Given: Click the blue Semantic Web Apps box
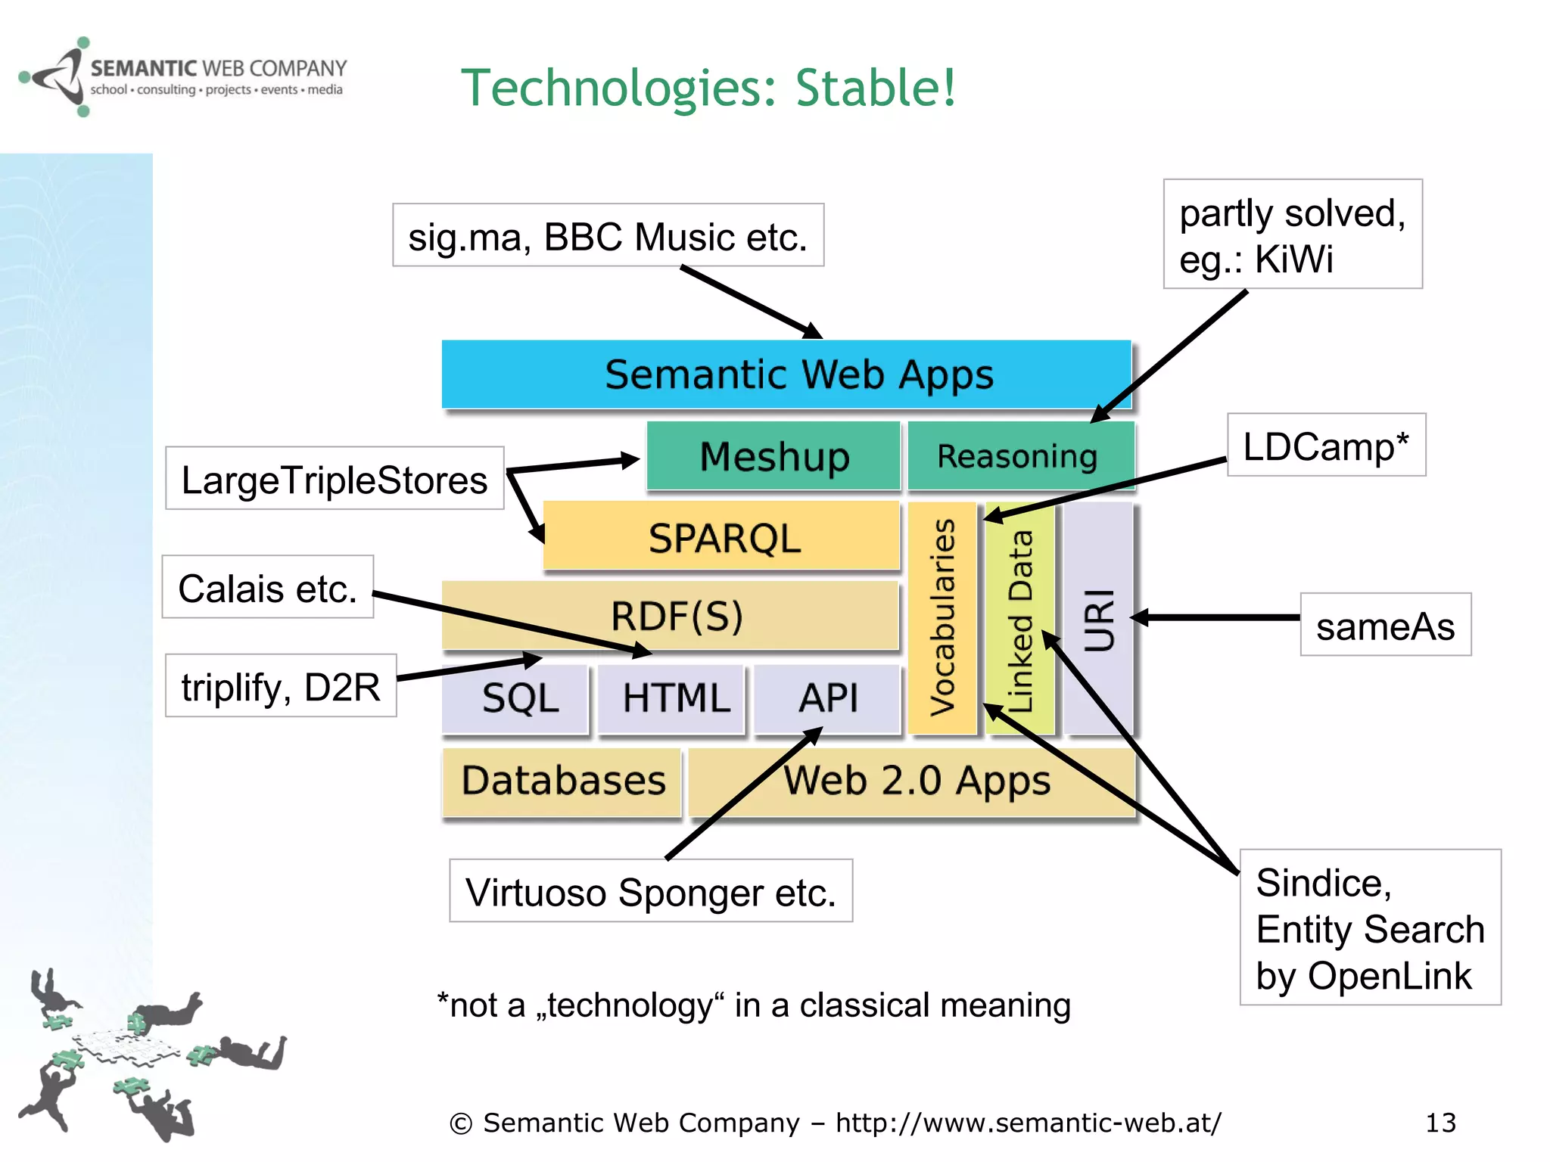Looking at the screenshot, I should click(787, 374).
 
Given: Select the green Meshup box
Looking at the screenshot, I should click(773, 456).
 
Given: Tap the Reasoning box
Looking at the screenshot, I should click(1018, 456).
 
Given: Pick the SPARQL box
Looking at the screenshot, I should click(723, 538).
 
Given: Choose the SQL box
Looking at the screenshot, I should click(519, 698).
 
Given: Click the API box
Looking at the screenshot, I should click(828, 698).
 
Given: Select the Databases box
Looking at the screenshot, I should click(562, 781).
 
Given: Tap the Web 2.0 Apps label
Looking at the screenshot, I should click(917, 781).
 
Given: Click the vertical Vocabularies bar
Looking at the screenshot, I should click(942, 617).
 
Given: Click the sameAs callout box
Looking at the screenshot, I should click(1385, 625).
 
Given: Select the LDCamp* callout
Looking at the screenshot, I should click(1326, 446).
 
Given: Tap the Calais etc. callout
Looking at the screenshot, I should click(267, 588).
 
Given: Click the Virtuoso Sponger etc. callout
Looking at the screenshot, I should click(650, 891).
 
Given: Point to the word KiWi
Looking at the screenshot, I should click(1294, 259).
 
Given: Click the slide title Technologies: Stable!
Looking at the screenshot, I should click(708, 88).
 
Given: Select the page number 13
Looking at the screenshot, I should click(1440, 1123).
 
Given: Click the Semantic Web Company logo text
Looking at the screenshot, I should click(218, 70).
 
